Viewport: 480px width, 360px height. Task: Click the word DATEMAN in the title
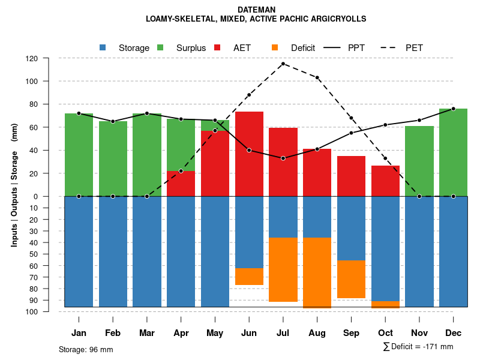coord(256,10)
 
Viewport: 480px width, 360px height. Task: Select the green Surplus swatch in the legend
coord(160,47)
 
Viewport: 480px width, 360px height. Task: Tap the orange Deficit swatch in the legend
coord(275,47)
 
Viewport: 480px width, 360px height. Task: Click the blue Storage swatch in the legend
coord(103,47)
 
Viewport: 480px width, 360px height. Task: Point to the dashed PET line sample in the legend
coord(391,47)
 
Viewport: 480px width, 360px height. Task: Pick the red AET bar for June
coord(249,154)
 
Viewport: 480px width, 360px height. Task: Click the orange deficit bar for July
coord(283,269)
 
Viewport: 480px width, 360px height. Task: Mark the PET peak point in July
coord(283,64)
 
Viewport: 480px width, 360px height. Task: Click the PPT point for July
coord(283,158)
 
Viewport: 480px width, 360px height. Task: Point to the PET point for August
coord(317,77)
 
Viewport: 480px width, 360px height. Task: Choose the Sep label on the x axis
coord(351,333)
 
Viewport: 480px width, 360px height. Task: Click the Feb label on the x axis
coord(113,333)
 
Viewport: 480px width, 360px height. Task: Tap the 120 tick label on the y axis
coord(32,59)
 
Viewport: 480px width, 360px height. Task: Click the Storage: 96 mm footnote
coord(86,349)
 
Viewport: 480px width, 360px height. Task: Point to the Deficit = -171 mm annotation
coord(418,347)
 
